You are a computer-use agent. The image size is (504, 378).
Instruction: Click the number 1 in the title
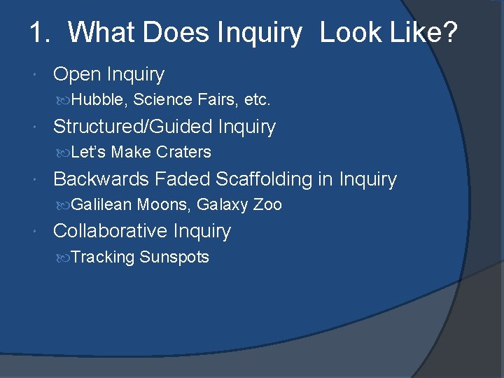pyautogui.click(x=36, y=33)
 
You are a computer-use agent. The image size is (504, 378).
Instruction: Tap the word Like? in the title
pyautogui.click(x=425, y=33)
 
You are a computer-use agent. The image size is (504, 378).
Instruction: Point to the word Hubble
pyautogui.click(x=99, y=100)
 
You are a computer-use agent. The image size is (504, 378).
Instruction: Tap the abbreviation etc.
pyautogui.click(x=257, y=100)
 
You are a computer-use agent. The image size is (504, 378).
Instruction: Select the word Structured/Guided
pyautogui.click(x=133, y=127)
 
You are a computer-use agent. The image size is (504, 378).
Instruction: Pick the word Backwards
pyautogui.click(x=101, y=179)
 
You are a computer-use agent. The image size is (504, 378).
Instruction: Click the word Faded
pyautogui.click(x=182, y=179)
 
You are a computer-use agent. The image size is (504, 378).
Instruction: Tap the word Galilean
pyautogui.click(x=101, y=205)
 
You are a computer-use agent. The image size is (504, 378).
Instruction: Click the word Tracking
pyautogui.click(x=103, y=258)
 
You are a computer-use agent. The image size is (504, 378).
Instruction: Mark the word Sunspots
pyautogui.click(x=174, y=258)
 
